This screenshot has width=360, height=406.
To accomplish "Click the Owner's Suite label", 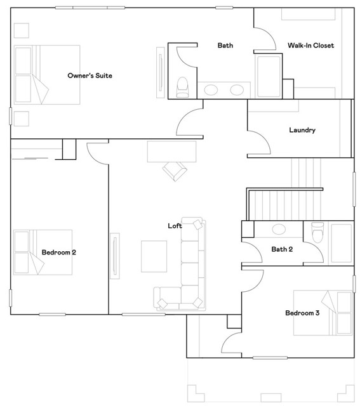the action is point(90,75).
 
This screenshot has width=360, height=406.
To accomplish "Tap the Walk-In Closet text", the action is point(310,46).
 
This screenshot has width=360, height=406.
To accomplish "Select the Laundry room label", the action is point(302,130).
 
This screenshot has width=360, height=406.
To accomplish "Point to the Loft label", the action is point(175,226).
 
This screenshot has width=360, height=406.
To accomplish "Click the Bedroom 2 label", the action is point(59,252).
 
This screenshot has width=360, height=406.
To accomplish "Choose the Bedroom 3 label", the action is point(302,313).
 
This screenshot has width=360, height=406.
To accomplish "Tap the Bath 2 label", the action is point(282,249).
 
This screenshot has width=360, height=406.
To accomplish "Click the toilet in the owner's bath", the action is point(182,87).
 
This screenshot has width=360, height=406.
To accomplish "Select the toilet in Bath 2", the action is point(317,232).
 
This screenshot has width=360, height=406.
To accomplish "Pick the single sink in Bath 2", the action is point(279,229).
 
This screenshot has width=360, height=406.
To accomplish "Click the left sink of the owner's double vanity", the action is point(211,90).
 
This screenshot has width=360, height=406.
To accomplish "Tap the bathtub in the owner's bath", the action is point(269,76).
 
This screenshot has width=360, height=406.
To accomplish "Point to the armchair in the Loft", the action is point(175,171).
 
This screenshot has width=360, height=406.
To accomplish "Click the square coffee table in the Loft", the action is point(154,256).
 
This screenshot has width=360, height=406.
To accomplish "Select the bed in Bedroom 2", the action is point(43,252).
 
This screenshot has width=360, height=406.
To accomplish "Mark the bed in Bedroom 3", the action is point(323,313).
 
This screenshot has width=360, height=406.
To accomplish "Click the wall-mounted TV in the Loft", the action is point(115,256).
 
